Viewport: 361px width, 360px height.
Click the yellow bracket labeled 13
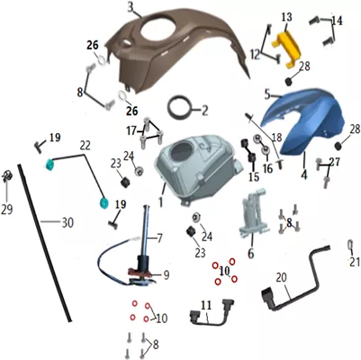click(287, 48)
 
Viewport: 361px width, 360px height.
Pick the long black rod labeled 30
click(44, 243)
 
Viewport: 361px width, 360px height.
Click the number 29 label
click(6, 209)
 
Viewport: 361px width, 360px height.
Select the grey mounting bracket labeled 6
click(255, 211)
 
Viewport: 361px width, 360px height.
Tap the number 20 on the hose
click(282, 278)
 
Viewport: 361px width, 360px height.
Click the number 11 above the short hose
click(206, 306)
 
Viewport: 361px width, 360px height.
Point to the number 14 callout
click(337, 21)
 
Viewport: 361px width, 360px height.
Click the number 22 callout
click(85, 146)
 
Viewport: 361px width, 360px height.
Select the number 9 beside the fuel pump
click(167, 274)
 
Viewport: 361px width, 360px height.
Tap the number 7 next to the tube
click(159, 238)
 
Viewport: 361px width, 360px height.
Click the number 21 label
click(355, 262)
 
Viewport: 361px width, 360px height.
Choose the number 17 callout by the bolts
click(131, 131)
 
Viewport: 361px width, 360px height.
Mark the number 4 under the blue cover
click(304, 175)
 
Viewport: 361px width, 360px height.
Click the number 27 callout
click(335, 162)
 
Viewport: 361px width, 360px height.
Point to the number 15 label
click(254, 176)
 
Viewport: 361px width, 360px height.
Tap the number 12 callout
click(256, 55)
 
